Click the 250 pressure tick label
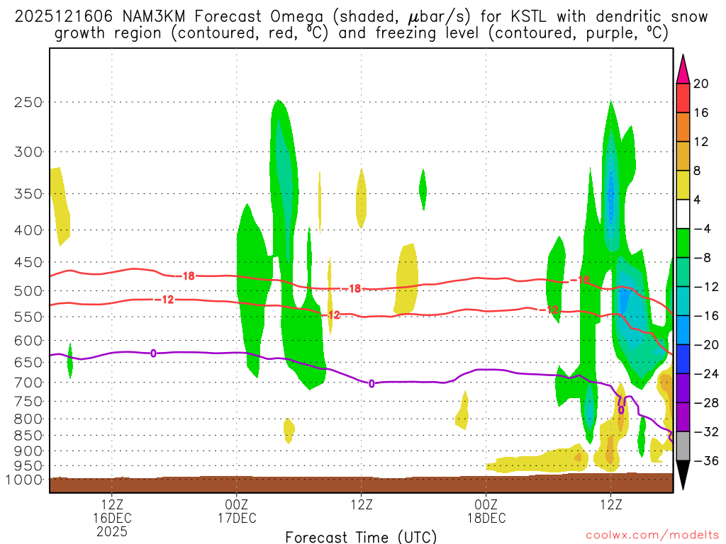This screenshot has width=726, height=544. click(x=28, y=102)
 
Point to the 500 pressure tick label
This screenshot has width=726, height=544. click(x=28, y=291)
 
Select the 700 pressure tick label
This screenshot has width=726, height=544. click(x=28, y=382)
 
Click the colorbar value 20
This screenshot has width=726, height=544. click(x=701, y=84)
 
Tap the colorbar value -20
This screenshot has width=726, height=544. click(x=701, y=345)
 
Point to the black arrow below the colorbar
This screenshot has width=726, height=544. click(x=683, y=476)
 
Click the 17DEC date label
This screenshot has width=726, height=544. click(x=236, y=518)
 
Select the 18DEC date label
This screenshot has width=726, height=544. click(x=486, y=518)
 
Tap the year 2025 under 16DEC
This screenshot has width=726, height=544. click(x=112, y=531)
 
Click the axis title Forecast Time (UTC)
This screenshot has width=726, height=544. click(x=362, y=536)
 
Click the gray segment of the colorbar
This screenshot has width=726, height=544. click(x=683, y=446)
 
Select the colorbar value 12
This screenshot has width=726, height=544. click(x=701, y=142)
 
